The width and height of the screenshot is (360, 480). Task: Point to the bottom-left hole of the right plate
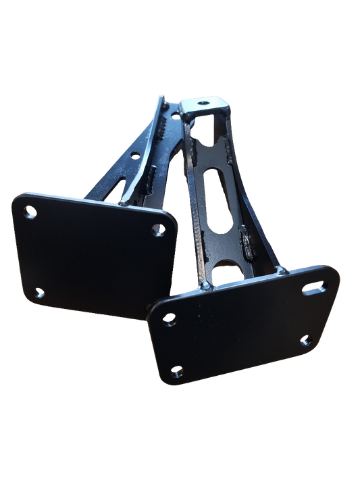coord(178,371)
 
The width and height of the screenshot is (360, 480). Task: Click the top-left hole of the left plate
coord(28,214)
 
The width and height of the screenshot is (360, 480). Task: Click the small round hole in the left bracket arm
coord(134,155)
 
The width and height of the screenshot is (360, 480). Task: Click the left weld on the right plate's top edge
coord(204,287)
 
